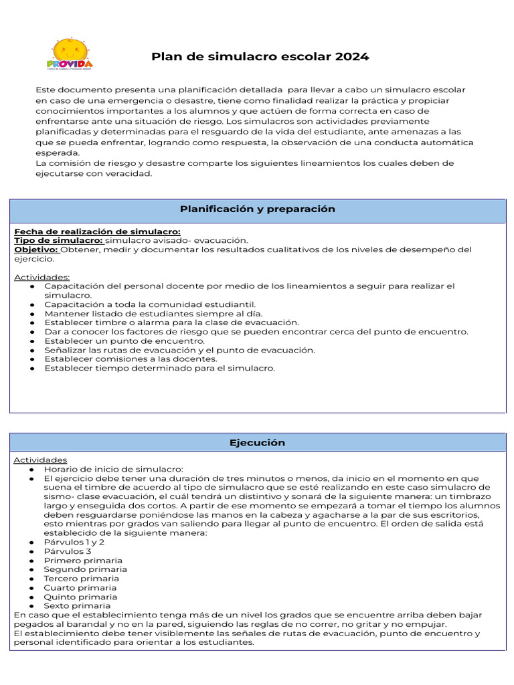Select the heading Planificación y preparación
[257, 209]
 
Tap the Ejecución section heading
[257, 443]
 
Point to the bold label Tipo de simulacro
[58, 240]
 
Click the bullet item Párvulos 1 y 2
[74, 542]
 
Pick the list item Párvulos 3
[68, 551]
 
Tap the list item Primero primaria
[83, 561]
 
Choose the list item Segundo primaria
[85, 569]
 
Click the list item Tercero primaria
[82, 579]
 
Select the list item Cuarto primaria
[80, 588]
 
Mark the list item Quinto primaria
[80, 597]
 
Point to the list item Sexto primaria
[78, 606]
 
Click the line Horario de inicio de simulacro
[113, 470]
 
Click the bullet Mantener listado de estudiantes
[153, 313]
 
